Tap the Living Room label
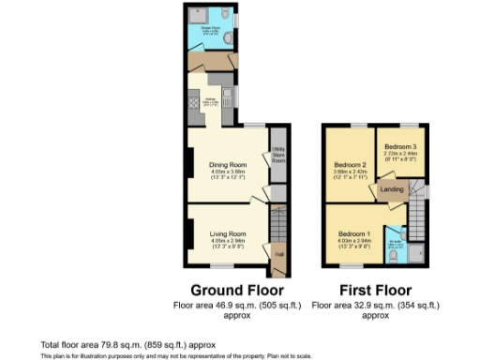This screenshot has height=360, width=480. coord(227,233)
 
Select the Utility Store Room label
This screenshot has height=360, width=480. coord(277,155)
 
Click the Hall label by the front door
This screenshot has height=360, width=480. coord(277,253)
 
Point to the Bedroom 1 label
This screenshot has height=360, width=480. coord(354,233)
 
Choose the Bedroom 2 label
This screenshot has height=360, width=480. coord(349,165)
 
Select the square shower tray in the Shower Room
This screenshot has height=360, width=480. coord(198,16)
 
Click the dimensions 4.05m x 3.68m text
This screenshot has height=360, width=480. coord(227,172)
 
